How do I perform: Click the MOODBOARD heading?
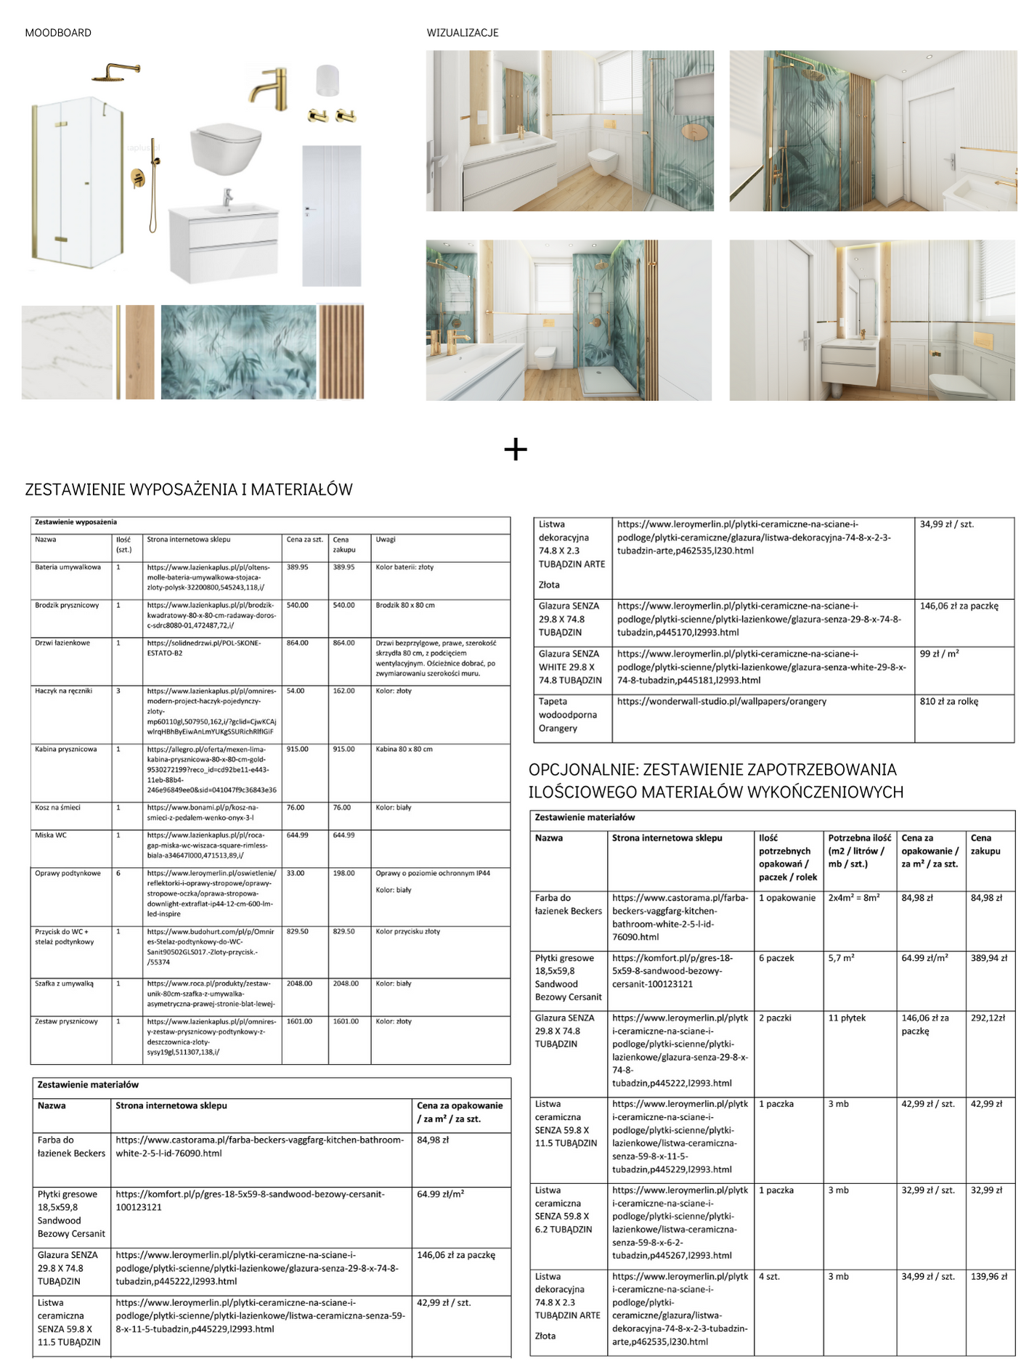click(58, 33)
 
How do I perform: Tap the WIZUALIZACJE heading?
click(463, 33)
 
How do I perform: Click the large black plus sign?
click(516, 450)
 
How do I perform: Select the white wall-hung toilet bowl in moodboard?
click(226, 148)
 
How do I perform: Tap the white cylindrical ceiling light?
click(328, 81)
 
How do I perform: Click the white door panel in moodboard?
click(332, 215)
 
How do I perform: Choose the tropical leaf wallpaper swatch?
click(238, 352)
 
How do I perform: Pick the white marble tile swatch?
click(67, 352)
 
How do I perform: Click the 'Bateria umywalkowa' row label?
click(68, 567)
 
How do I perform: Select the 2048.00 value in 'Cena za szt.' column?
click(299, 983)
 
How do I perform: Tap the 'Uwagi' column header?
click(386, 540)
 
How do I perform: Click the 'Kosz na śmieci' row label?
click(57, 808)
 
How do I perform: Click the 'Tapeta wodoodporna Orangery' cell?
click(568, 715)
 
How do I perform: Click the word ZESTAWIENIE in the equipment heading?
click(76, 490)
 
